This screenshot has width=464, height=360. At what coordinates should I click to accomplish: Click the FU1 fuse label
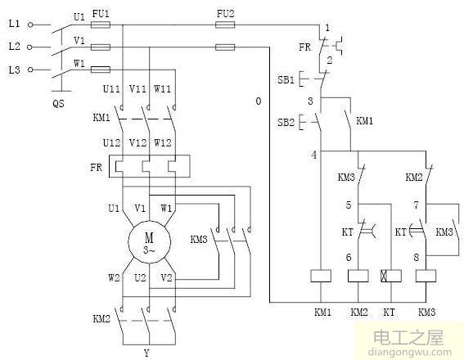coord(100,14)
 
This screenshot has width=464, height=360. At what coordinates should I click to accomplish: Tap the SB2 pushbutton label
coord(286,122)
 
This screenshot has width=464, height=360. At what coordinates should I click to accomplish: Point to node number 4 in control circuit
coord(313,155)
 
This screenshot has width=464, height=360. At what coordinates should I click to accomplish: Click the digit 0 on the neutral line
coord(258,101)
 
